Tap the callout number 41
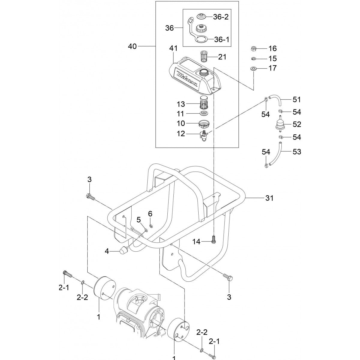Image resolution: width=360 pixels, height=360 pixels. point(173,48)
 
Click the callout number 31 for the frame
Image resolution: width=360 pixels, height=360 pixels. point(269,198)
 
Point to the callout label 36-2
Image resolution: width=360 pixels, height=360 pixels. point(220,17)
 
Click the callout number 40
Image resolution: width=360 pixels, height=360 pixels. point(132,46)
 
